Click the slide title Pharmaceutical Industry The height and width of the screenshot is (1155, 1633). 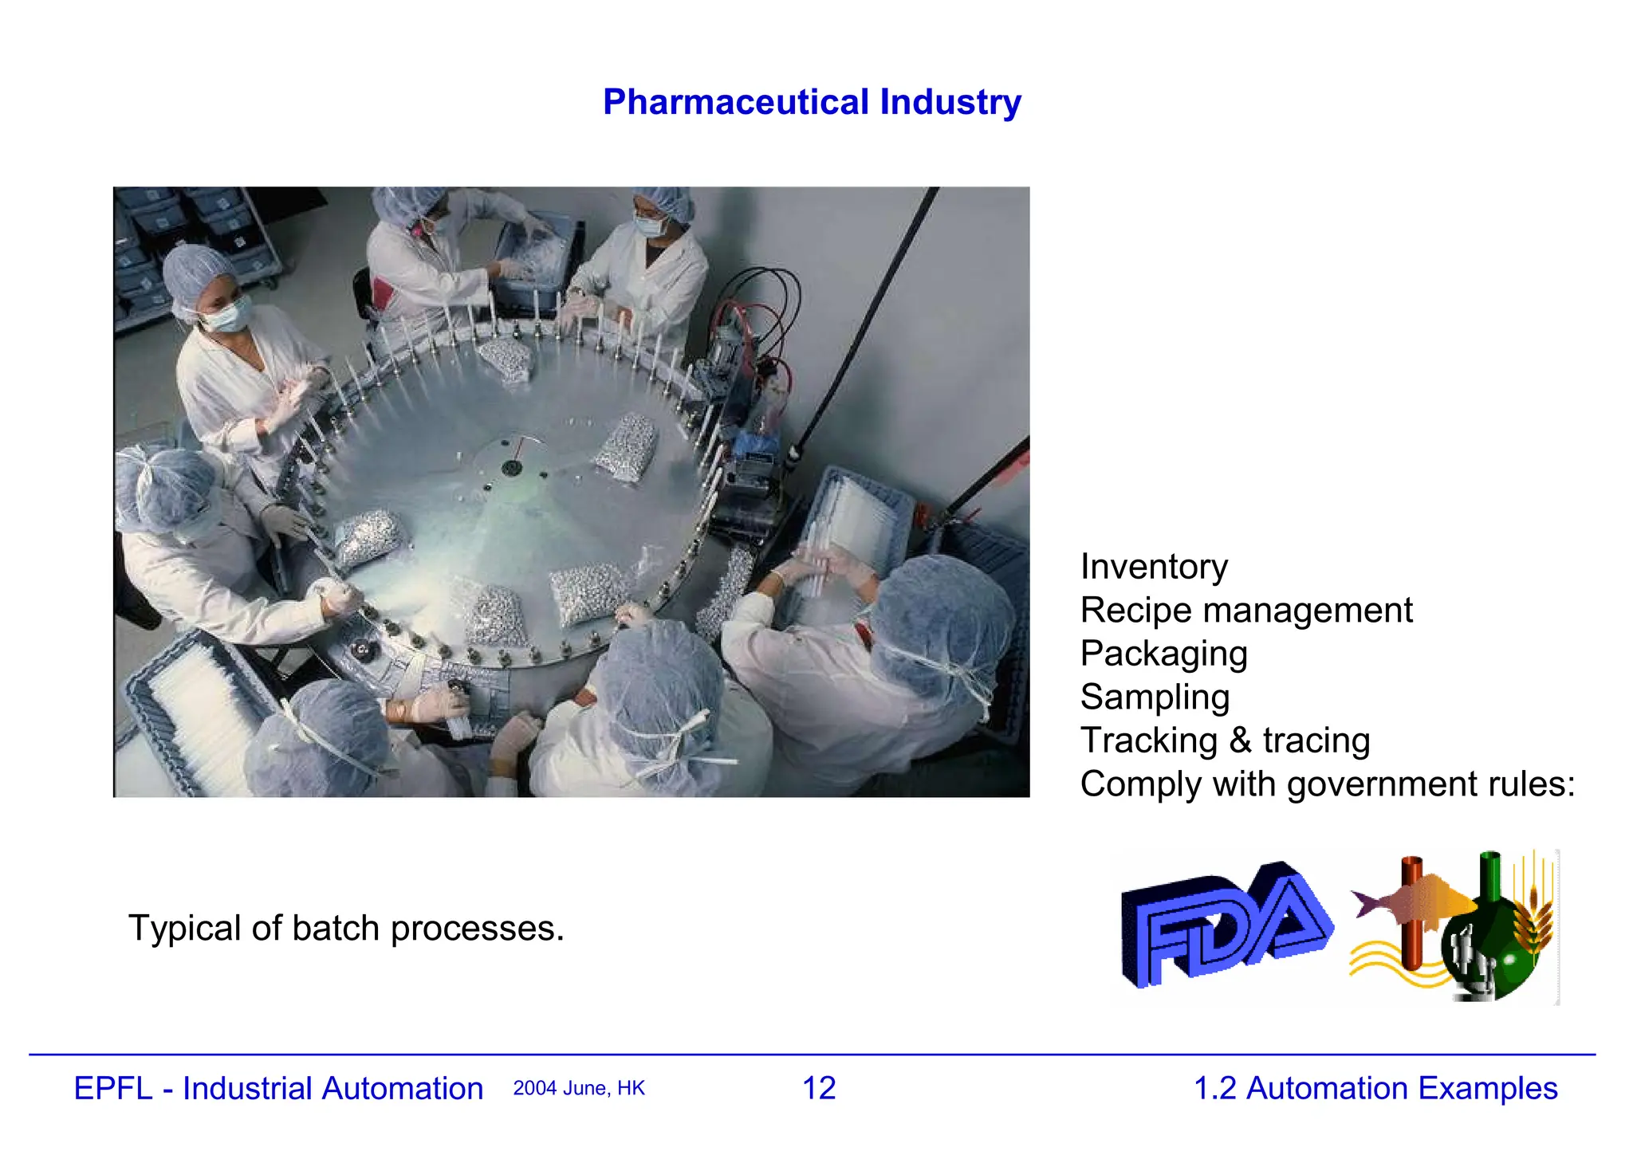(x=812, y=102)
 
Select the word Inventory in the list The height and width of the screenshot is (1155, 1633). (x=1154, y=567)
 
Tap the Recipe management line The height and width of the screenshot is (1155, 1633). (x=1245, y=611)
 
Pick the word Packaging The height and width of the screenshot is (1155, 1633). (x=1163, y=654)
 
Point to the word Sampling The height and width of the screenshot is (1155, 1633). (x=1155, y=697)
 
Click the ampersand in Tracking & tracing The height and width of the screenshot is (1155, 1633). (x=1240, y=741)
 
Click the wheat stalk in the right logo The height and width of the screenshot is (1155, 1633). (x=1536, y=917)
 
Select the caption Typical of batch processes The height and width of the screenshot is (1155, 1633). (x=346, y=929)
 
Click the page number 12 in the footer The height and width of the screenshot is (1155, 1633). (x=819, y=1089)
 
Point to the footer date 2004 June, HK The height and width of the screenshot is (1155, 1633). (x=579, y=1089)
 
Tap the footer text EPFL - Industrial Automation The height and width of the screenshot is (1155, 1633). (x=278, y=1089)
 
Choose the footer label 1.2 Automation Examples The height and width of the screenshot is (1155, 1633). (x=1375, y=1089)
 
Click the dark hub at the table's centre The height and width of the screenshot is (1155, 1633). (x=511, y=467)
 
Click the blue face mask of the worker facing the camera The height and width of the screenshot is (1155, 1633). (x=226, y=314)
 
